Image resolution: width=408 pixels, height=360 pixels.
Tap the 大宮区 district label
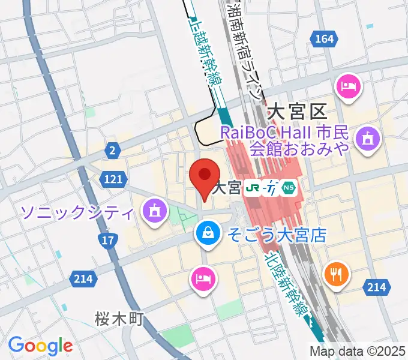point(296,111)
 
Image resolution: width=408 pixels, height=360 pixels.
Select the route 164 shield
point(323,40)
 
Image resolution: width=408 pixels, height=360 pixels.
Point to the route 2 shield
point(112,151)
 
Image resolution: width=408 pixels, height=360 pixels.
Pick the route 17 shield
point(107,241)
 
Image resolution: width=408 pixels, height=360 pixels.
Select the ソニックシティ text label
point(76,211)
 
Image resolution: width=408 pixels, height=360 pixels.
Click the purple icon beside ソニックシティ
point(155,211)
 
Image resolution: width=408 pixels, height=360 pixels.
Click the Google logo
point(40,346)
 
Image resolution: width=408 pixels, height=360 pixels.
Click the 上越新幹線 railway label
point(202,51)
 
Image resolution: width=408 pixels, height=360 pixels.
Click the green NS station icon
point(290,188)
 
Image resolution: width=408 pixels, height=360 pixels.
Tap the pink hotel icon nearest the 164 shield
point(349,88)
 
